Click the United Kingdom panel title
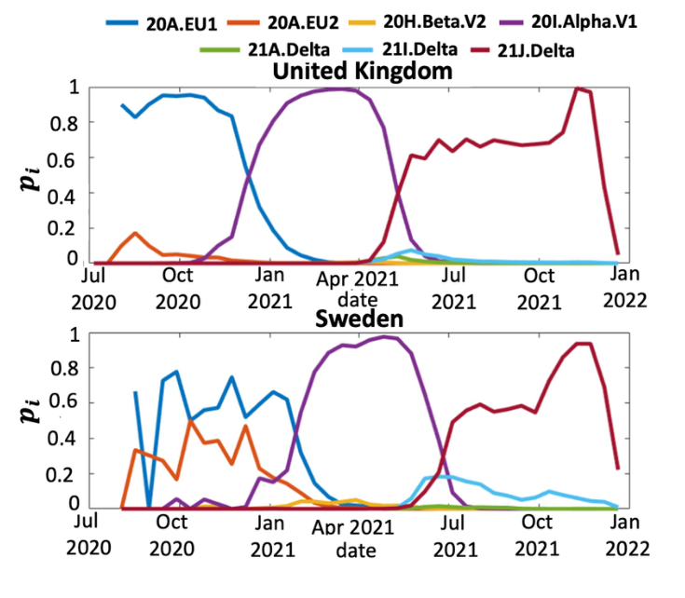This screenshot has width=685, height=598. (x=350, y=72)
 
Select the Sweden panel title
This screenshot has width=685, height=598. (x=350, y=318)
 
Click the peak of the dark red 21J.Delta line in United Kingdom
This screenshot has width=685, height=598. (x=579, y=88)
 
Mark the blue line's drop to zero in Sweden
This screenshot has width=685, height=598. (x=149, y=508)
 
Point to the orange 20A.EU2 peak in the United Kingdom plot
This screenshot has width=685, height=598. (x=135, y=233)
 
